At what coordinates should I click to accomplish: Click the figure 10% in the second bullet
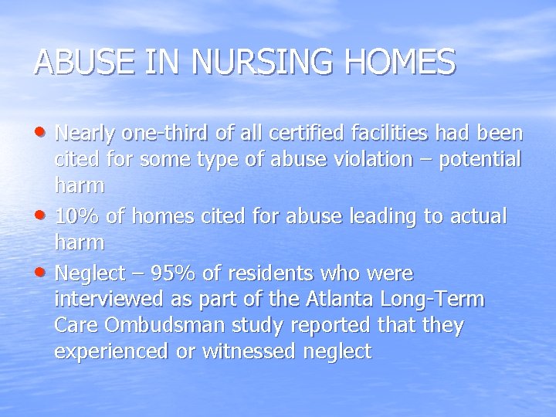(76, 215)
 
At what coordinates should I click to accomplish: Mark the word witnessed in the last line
(258, 353)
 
